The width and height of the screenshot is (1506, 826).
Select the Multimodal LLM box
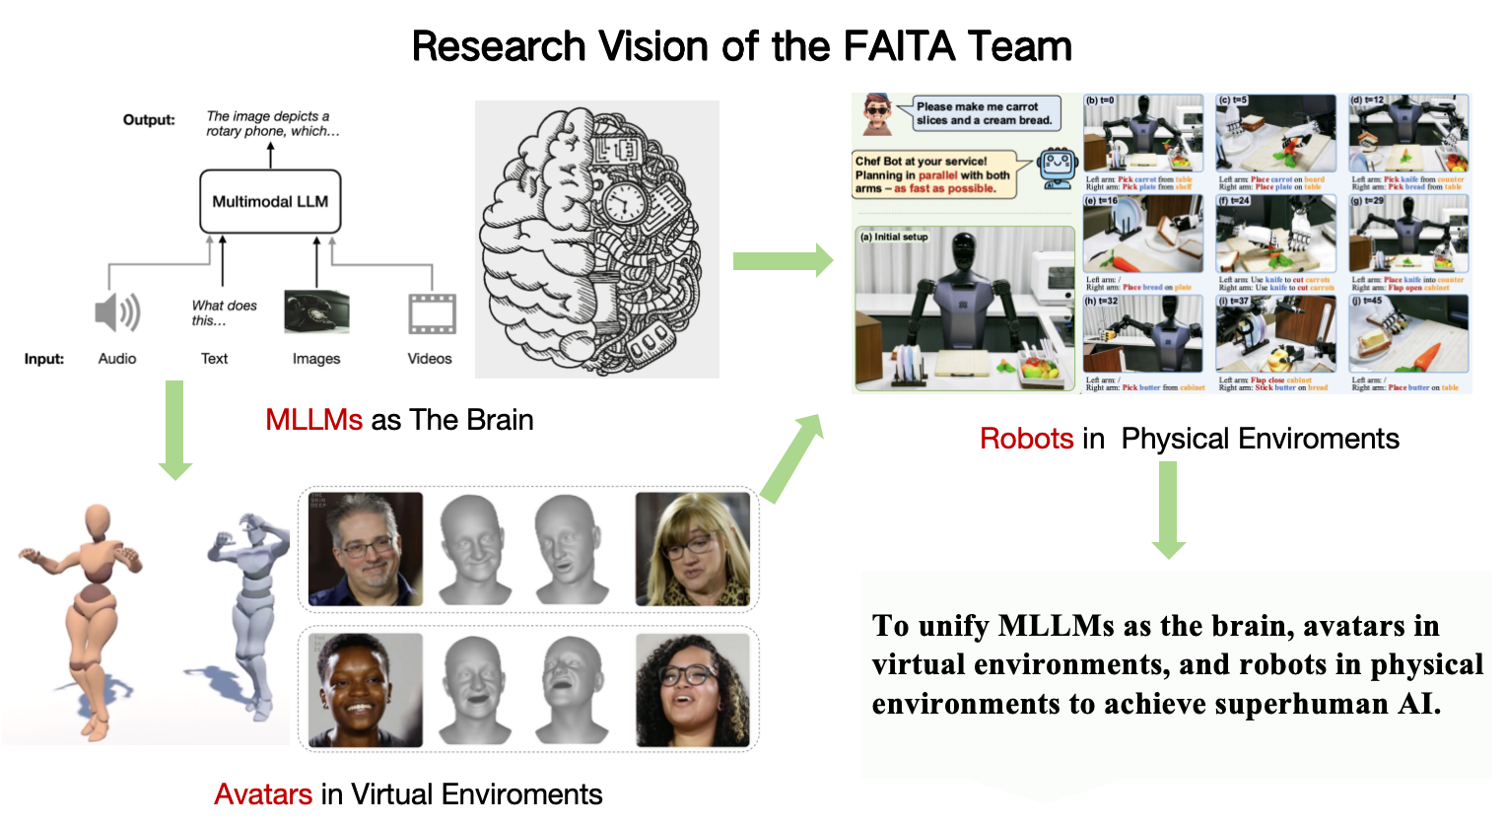(x=270, y=201)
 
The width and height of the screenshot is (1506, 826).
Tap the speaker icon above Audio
(x=117, y=312)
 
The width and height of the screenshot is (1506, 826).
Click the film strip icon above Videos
(x=432, y=314)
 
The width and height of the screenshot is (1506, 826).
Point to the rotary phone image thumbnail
(x=316, y=312)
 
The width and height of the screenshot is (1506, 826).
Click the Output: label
(x=149, y=119)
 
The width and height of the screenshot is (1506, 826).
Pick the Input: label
(x=43, y=359)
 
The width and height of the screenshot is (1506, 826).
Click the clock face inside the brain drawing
(x=624, y=203)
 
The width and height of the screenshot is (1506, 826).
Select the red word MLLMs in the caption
(x=313, y=420)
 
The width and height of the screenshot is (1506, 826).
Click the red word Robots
(x=1026, y=439)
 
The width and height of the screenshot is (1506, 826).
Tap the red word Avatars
(x=263, y=793)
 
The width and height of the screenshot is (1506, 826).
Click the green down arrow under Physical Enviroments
(x=1168, y=509)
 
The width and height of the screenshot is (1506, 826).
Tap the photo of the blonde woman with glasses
(x=692, y=549)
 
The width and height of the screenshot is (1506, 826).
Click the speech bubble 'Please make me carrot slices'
(x=984, y=113)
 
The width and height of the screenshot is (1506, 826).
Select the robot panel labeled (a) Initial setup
(x=964, y=309)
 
